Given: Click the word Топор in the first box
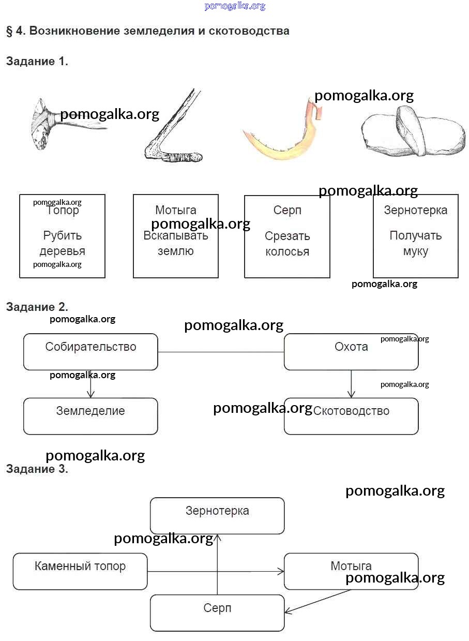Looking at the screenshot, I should tap(63, 211).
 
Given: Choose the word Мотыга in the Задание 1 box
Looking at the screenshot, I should tap(176, 210).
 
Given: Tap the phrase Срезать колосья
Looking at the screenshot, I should tap(287, 244).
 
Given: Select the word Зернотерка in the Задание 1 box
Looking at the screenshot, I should tap(415, 210).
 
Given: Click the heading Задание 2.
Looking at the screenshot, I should tap(37, 307).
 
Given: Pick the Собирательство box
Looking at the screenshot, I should tap(90, 352).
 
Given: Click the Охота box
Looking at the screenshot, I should tap(351, 352).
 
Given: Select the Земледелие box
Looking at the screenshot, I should tap(90, 416).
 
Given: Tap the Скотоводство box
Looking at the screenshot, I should tap(351, 416).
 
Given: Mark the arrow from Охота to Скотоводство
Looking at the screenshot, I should tap(351, 384).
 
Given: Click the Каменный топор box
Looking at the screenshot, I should tap(80, 571).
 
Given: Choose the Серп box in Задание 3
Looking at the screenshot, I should tap(217, 613).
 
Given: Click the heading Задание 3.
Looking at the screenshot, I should tap(37, 469).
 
